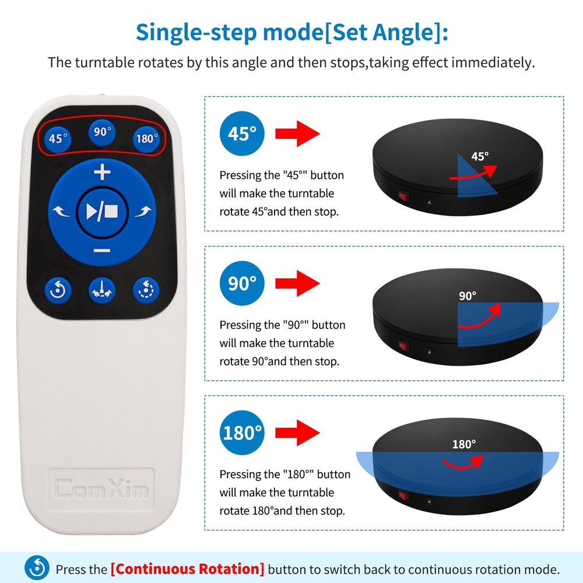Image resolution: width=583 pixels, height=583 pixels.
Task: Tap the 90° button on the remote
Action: coord(103,132)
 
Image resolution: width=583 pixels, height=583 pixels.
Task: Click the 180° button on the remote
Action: coord(146,139)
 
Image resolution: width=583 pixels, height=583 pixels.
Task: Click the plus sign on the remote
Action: coord(102,173)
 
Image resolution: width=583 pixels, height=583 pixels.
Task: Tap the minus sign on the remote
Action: coord(102,251)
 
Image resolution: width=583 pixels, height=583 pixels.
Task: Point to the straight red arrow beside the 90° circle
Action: coord(297,283)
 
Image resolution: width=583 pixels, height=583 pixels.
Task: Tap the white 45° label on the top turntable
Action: coord(480,156)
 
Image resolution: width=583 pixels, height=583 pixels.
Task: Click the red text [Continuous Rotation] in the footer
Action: coord(187,568)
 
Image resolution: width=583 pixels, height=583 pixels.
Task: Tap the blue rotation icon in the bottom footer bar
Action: coord(37,568)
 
